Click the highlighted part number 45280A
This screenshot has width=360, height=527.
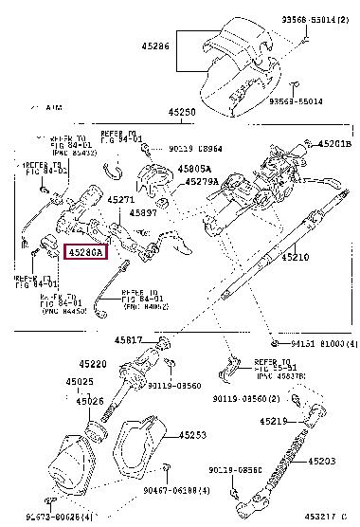point(85,252)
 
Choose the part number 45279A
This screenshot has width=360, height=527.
point(202,181)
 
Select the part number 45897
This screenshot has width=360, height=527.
point(145,213)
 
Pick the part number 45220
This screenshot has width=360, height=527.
point(94,364)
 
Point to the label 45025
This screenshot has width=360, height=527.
point(80,382)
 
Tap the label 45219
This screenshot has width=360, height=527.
point(300,420)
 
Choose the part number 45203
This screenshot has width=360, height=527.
point(322,461)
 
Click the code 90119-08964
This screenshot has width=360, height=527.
point(196,148)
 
